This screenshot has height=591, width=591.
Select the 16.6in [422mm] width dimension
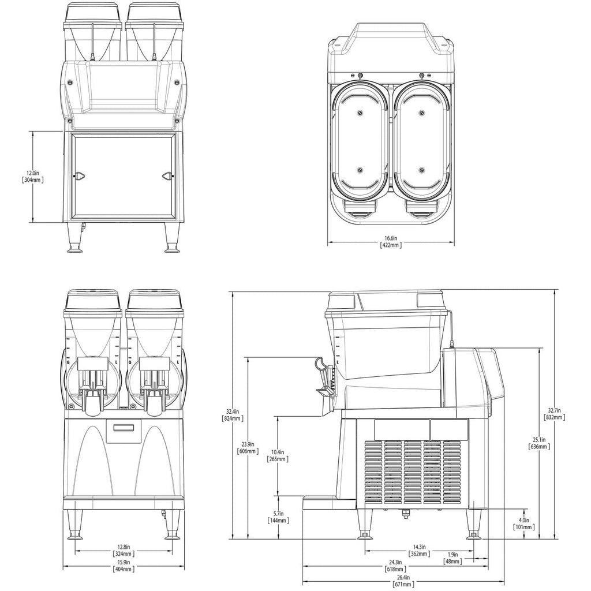click(390, 241)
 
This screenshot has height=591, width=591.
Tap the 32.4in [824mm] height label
click(234, 414)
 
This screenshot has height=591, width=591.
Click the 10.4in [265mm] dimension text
click(278, 455)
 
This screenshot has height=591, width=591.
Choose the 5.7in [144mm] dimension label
click(278, 517)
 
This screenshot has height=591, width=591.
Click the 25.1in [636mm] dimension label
click(540, 442)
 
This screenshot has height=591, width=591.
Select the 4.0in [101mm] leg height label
click(523, 523)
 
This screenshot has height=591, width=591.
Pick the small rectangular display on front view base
click(125, 428)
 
